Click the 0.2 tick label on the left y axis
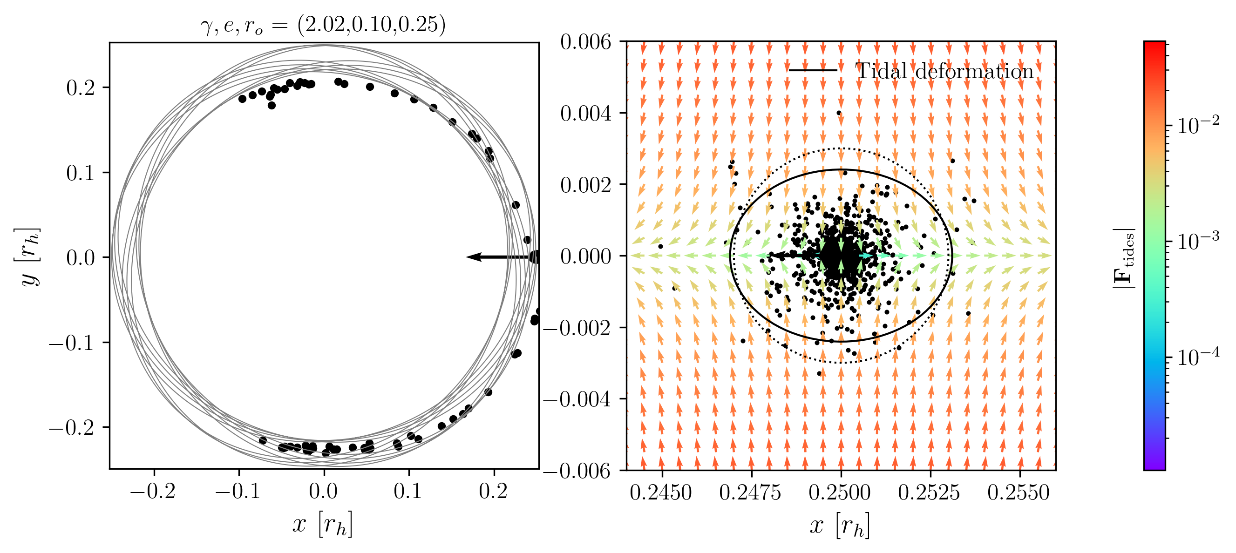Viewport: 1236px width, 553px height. click(x=80, y=88)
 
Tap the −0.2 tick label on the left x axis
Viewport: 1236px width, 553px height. click(x=153, y=491)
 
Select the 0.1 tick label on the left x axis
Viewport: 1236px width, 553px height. click(x=408, y=491)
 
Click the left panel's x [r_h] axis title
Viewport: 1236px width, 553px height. click(x=322, y=524)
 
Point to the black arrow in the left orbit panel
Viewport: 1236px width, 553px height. click(x=499, y=257)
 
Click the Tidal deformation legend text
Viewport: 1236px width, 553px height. click(x=944, y=72)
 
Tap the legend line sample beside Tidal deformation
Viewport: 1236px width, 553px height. click(x=813, y=70)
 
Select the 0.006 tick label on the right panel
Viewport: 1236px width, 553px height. click(x=586, y=42)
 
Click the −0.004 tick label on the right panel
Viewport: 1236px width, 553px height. click(x=577, y=399)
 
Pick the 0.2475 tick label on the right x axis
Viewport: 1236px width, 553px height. click(x=750, y=492)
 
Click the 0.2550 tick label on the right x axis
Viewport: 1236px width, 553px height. click(x=1018, y=492)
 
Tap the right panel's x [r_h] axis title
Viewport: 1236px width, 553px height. click(x=840, y=525)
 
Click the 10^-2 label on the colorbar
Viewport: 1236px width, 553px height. click(x=1198, y=125)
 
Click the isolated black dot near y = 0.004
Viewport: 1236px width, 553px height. click(x=839, y=113)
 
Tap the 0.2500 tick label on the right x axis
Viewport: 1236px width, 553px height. click(x=840, y=492)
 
